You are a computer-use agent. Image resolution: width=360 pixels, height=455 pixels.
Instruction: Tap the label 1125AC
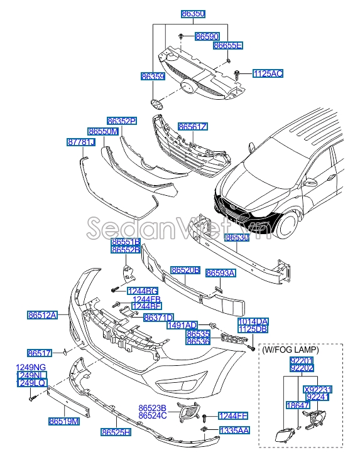(x=268, y=74)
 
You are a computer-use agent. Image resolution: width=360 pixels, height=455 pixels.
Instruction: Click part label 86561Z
(x=192, y=127)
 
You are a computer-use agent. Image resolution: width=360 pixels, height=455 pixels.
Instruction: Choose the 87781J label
(x=80, y=143)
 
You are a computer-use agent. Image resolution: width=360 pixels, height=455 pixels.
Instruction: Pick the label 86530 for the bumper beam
(x=237, y=238)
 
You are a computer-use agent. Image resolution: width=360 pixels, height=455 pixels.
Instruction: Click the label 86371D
(x=158, y=318)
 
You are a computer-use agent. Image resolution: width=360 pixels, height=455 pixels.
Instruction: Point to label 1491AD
(x=182, y=326)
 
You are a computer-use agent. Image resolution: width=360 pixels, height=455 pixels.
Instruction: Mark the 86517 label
(x=39, y=353)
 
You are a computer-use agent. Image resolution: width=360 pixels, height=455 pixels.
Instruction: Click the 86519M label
(x=65, y=422)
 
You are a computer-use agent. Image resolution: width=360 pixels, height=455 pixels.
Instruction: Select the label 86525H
(x=116, y=432)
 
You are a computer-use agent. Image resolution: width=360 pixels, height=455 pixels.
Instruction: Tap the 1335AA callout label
(x=234, y=431)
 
